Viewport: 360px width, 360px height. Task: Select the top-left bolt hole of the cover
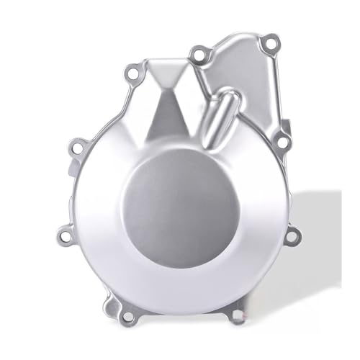132,73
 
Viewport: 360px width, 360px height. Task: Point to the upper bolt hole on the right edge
283,142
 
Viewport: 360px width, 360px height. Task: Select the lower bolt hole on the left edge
64,235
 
